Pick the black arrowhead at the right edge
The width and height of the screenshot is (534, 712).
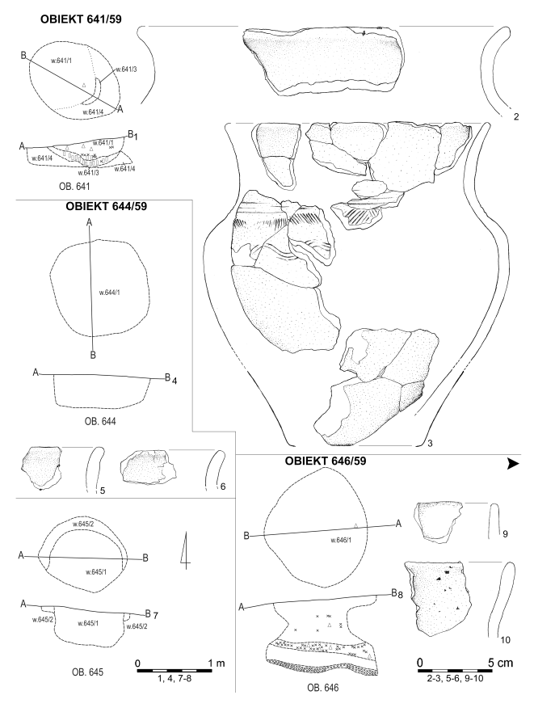click(512, 464)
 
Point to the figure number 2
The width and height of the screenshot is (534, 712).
click(515, 115)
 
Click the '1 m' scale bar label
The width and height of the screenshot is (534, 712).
click(215, 663)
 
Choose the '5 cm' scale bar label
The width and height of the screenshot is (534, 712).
click(496, 663)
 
